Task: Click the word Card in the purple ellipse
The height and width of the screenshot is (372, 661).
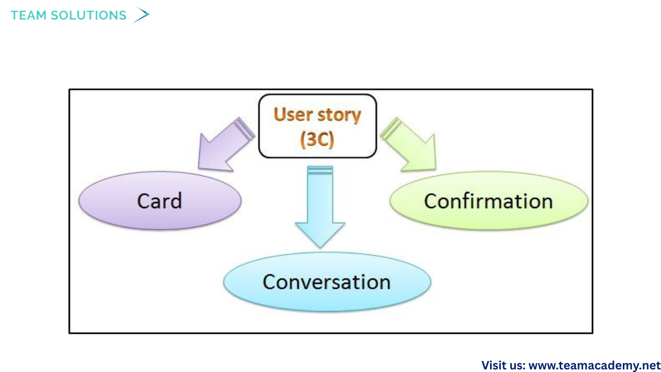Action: pos(160,201)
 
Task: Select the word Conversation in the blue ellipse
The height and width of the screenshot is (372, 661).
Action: pos(326,282)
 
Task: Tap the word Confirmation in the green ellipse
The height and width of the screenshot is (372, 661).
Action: pos(488,201)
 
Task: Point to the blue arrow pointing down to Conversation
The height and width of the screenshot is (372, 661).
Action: pos(320,207)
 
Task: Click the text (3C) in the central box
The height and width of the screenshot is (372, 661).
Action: pos(317,140)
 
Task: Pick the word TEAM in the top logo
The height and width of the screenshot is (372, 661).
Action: pos(29,16)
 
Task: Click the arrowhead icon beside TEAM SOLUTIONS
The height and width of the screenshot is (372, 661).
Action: pos(141,15)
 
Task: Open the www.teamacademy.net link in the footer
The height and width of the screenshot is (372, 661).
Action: pos(594,365)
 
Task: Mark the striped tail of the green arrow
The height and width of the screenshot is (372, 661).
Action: pos(391,129)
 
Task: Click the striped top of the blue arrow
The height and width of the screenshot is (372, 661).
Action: pos(320,170)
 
